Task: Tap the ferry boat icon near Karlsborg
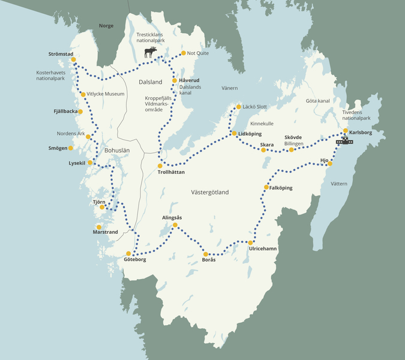(x=344, y=141)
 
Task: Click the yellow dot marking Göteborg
(x=128, y=253)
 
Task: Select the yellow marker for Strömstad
(x=74, y=59)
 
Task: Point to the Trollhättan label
(x=170, y=172)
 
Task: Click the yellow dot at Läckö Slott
(x=238, y=107)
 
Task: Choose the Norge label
(x=106, y=26)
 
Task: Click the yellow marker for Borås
(x=206, y=254)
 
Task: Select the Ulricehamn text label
(x=262, y=248)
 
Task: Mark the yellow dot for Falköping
(x=266, y=188)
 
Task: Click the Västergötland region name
(x=209, y=192)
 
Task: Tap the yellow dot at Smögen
(x=71, y=148)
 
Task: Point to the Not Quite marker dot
(x=183, y=53)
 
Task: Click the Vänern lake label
(x=230, y=88)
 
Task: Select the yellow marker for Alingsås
(x=175, y=225)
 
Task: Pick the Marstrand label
(x=105, y=232)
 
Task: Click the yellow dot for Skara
(x=263, y=150)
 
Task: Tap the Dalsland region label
(x=150, y=82)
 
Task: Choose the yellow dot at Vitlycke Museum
(x=83, y=94)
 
